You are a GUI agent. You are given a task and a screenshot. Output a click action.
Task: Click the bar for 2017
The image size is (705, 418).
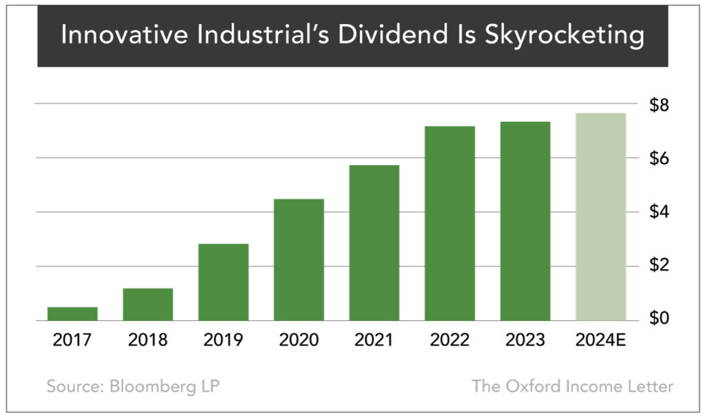(x=72, y=313)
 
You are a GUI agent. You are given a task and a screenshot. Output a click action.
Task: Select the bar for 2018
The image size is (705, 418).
(x=148, y=304)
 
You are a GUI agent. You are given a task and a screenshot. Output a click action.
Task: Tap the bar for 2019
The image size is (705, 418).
(x=223, y=282)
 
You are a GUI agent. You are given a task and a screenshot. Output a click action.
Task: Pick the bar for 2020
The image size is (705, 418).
(x=299, y=260)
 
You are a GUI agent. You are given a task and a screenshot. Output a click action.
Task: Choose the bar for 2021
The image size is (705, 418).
(x=374, y=243)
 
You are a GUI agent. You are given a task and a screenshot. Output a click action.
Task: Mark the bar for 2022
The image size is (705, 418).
(x=450, y=224)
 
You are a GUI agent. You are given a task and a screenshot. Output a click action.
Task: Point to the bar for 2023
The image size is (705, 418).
(x=525, y=221)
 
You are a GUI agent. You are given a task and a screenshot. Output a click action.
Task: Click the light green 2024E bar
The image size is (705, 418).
(x=600, y=217)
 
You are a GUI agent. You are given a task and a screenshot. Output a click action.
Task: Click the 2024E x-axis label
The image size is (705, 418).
(x=600, y=340)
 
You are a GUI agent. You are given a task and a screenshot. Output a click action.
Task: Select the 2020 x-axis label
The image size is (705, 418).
(x=299, y=340)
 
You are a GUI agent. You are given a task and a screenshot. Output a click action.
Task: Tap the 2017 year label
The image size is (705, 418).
(x=72, y=340)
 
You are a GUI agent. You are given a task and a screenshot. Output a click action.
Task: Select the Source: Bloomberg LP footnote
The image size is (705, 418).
(x=133, y=386)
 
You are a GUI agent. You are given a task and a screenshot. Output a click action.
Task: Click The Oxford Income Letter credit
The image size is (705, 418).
(x=572, y=386)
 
